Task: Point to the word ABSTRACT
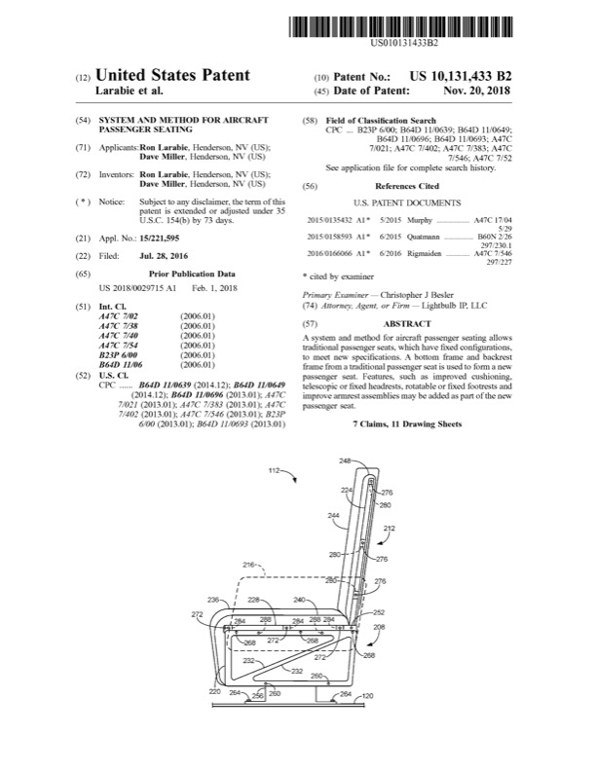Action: [407, 322]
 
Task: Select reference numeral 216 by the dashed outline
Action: [247, 564]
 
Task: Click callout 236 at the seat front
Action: [212, 601]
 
